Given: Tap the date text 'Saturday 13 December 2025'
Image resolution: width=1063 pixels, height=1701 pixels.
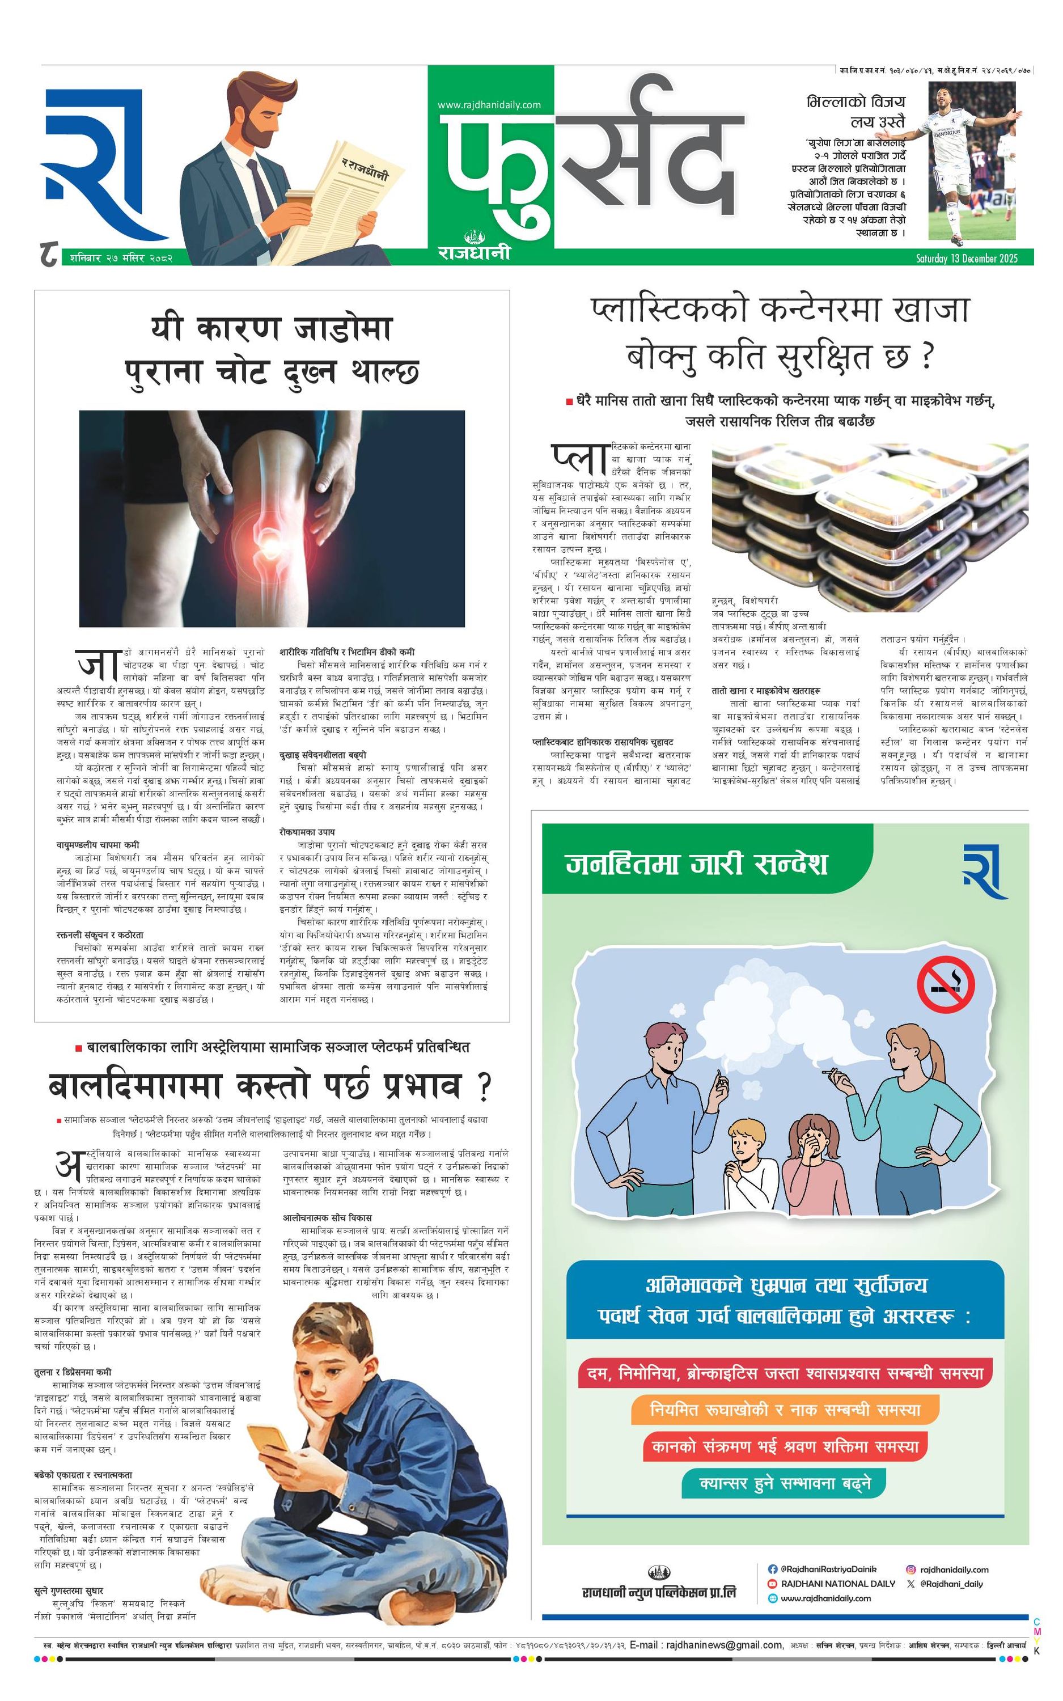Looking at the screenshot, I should [x=967, y=258].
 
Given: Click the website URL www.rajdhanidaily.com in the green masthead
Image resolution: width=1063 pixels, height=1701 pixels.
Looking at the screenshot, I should [x=489, y=105].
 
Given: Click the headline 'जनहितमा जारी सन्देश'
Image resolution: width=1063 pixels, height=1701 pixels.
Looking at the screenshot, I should [x=696, y=863].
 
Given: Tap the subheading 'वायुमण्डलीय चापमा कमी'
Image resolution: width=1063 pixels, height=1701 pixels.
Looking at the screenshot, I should [x=98, y=845].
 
